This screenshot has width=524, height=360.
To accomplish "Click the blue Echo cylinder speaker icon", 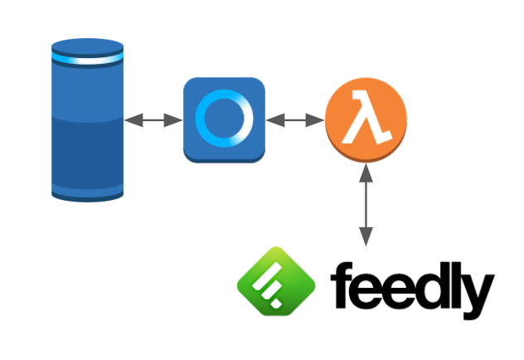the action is [x=88, y=120].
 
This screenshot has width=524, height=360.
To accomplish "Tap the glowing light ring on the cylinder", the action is [x=88, y=59].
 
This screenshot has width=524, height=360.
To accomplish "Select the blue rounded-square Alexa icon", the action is [x=224, y=120].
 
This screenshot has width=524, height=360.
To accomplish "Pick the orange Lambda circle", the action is [x=366, y=120].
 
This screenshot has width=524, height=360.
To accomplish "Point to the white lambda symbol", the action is [x=366, y=118].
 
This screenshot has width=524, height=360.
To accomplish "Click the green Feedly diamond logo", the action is [x=276, y=281].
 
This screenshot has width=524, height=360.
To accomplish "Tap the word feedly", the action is [x=413, y=290].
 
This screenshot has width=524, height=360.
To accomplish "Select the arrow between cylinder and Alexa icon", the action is [x=153, y=120].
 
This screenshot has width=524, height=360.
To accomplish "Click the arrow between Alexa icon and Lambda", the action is [x=295, y=120].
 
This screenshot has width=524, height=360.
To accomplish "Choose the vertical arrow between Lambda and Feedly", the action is [x=366, y=205].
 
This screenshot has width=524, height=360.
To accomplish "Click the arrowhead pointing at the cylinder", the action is [x=133, y=120].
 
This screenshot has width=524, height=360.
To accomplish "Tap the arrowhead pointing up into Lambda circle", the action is [x=366, y=173].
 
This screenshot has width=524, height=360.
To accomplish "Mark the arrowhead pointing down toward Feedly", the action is [x=366, y=237].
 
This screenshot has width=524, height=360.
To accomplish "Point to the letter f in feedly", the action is [x=342, y=285].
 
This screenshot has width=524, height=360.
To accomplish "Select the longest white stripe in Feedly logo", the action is [x=267, y=276].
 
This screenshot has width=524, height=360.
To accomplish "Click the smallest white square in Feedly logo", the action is [x=276, y=304].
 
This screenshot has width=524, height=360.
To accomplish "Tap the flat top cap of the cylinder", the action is [x=88, y=46].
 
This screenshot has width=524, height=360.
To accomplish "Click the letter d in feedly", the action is [x=431, y=285].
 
